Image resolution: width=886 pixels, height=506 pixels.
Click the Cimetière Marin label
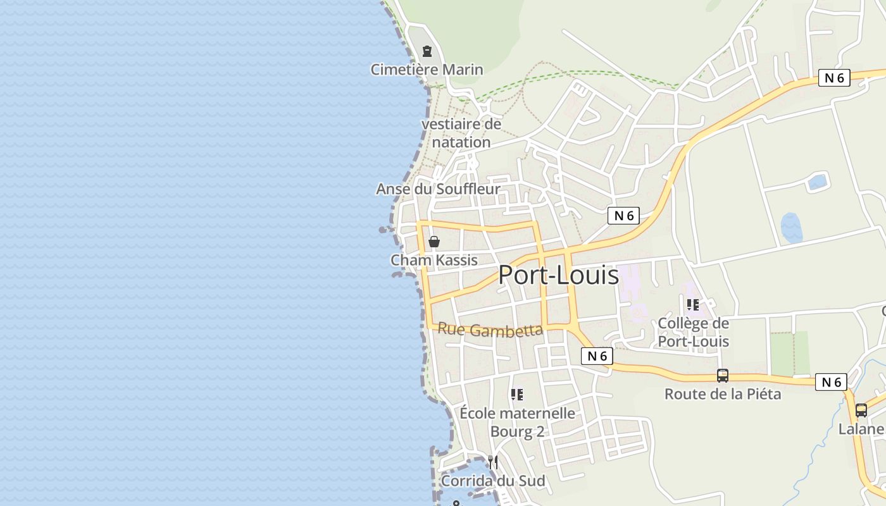coord(427,70)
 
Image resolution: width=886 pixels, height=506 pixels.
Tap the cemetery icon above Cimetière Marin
coord(427,51)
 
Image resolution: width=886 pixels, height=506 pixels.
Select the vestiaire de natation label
coord(461,133)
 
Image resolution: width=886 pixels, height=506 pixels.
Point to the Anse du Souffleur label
coord(438,189)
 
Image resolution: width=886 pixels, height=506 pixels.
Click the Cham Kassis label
coord(434,260)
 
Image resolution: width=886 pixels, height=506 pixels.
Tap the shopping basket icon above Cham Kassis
coord(434,242)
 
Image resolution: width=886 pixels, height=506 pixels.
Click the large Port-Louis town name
coord(558,275)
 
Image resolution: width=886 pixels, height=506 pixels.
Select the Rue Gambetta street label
coord(490,330)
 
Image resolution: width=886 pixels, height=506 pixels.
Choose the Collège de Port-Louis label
coord(693,332)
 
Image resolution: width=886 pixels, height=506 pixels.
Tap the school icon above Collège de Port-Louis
coord(693,305)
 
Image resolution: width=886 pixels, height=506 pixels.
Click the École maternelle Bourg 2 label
coord(517,422)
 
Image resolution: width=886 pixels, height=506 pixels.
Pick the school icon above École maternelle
coord(517,395)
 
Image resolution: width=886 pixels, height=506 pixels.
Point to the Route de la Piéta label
coord(722,394)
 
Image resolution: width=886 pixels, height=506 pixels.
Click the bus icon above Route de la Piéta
coord(722,375)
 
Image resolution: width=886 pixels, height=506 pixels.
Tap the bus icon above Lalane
coord(861,410)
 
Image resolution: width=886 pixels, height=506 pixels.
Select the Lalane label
coord(861,429)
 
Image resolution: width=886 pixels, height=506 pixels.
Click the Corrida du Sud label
coord(492,481)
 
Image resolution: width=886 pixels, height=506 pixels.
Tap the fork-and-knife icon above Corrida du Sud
coord(492,462)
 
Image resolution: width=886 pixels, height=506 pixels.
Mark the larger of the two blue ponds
coord(791,228)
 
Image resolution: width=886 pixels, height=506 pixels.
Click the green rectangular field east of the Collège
coord(790,353)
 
